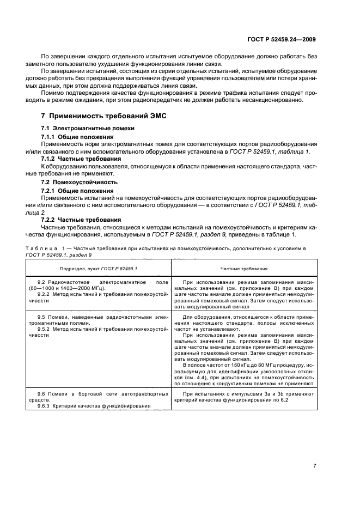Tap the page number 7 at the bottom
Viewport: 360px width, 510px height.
coord(315,465)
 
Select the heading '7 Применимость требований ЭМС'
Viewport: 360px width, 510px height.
coord(103,116)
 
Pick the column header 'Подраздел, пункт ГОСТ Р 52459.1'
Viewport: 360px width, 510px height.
coord(99,269)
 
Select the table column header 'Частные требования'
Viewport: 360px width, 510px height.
coord(243,269)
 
